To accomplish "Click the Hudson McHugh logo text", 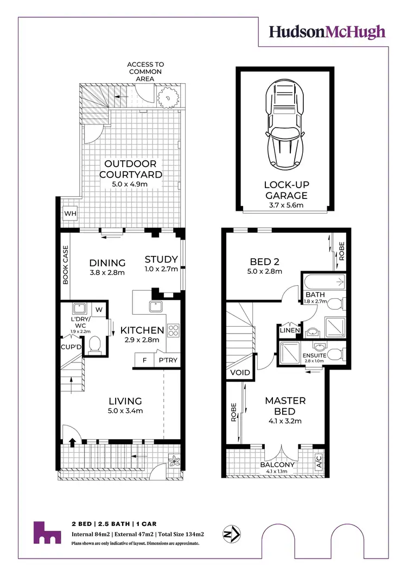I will [x=328, y=32].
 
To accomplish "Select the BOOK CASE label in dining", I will [x=65, y=265].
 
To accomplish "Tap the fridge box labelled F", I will [x=144, y=360].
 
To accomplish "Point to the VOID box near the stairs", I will [x=239, y=373].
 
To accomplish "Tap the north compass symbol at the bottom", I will [x=232, y=533].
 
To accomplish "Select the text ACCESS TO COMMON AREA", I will [x=145, y=72].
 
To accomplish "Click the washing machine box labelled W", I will [x=99, y=310].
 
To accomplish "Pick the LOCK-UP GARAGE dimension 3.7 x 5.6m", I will [x=286, y=205].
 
